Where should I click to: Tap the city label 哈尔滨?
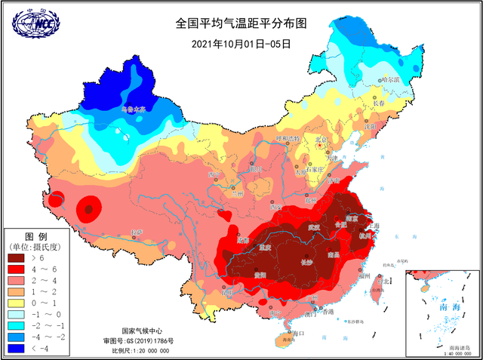(390, 79)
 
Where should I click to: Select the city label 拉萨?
(136, 232)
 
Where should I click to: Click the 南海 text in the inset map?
(438, 309)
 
